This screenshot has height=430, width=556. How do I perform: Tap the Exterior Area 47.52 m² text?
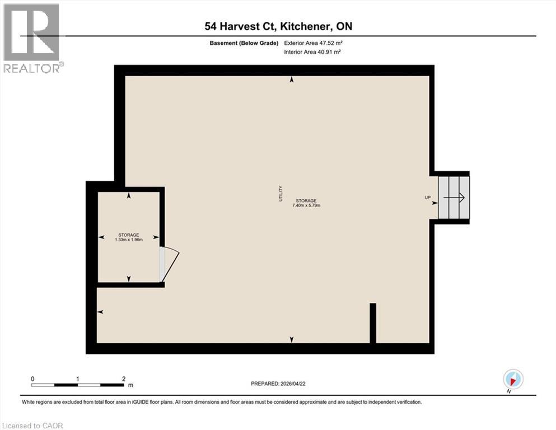(313, 41)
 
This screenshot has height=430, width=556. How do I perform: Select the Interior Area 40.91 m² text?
(313, 52)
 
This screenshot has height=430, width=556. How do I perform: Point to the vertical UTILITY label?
(281, 194)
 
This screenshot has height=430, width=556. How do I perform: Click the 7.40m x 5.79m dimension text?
(306, 205)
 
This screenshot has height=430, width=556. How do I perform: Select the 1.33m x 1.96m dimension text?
(128, 240)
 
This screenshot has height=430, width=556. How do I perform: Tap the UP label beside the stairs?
(427, 198)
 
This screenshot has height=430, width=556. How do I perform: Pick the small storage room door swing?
(171, 263)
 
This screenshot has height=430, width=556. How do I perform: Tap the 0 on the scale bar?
(33, 379)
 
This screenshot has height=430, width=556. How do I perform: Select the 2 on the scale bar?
(123, 379)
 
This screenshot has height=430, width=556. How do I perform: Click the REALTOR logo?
(32, 39)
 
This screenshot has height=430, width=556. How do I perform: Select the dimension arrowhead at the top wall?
(292, 81)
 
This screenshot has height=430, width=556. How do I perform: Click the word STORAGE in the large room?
(306, 200)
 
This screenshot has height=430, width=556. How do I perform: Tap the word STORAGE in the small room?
(128, 235)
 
